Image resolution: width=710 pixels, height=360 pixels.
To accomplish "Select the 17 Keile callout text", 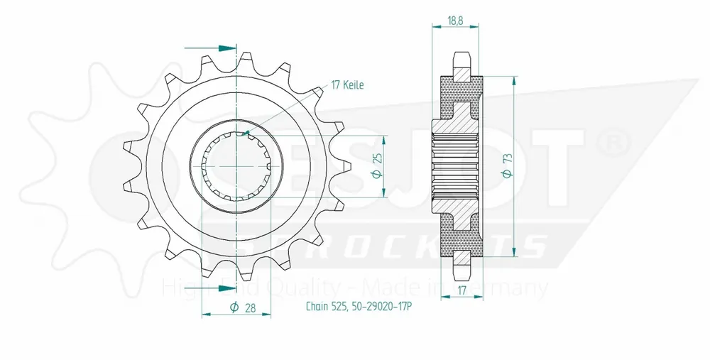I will [347, 85].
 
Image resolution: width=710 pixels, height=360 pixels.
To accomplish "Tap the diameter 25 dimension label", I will [378, 165].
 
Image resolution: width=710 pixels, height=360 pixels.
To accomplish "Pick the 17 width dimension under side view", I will [461, 290].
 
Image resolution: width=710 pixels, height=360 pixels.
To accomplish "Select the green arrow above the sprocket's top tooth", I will [226, 48].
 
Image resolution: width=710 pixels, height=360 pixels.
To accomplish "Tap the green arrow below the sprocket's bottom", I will [226, 288].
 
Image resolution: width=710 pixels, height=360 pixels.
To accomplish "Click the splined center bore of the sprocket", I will [235, 165].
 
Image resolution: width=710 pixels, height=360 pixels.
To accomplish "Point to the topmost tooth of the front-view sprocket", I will [248, 60].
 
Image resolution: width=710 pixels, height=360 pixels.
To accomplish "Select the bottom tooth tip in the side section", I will [461, 273].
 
